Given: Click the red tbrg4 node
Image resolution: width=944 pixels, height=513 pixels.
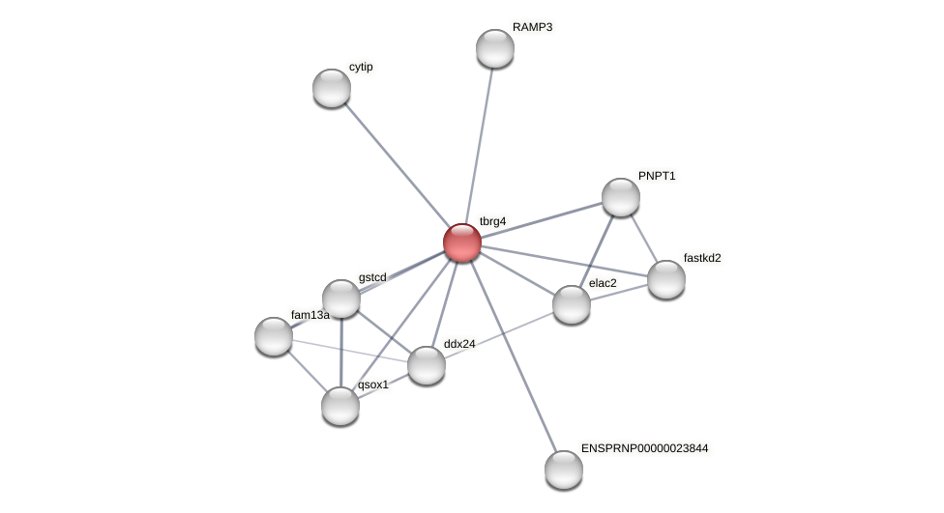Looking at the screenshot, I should click(x=462, y=242).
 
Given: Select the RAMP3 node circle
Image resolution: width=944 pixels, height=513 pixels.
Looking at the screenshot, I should click(x=495, y=48).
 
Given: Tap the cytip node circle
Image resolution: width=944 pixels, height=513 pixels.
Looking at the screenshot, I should click(x=332, y=88).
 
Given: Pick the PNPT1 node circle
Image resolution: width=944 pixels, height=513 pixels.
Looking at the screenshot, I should click(x=621, y=197).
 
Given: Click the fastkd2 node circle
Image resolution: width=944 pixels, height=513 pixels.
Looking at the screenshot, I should click(x=666, y=279).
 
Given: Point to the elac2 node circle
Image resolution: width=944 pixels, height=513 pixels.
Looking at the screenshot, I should click(x=572, y=304).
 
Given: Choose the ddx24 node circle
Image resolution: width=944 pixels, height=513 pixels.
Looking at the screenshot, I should click(x=427, y=365).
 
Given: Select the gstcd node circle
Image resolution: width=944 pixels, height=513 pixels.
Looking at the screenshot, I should click(x=341, y=299).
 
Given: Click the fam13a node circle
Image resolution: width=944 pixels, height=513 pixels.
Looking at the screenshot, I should click(x=274, y=336).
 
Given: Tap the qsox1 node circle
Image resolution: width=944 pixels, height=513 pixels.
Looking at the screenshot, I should click(x=340, y=406).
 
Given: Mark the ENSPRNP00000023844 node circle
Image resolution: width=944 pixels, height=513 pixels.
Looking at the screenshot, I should click(x=564, y=470).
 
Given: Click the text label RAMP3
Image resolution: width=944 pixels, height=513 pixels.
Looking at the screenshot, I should click(x=532, y=27).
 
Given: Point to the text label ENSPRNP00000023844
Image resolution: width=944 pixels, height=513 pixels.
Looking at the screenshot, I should click(x=645, y=448).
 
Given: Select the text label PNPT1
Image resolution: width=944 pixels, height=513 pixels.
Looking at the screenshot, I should click(x=657, y=176).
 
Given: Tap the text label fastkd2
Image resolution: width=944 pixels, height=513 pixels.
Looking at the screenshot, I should click(x=703, y=258).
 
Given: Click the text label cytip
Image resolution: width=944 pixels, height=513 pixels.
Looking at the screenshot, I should click(x=361, y=67).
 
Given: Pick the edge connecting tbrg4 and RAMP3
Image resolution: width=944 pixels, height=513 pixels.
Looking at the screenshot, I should click(x=480, y=140).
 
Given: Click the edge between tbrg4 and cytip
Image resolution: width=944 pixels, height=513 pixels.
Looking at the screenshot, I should click(x=397, y=164).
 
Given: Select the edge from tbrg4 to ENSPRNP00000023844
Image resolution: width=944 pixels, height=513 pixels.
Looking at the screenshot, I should click(x=514, y=356).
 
